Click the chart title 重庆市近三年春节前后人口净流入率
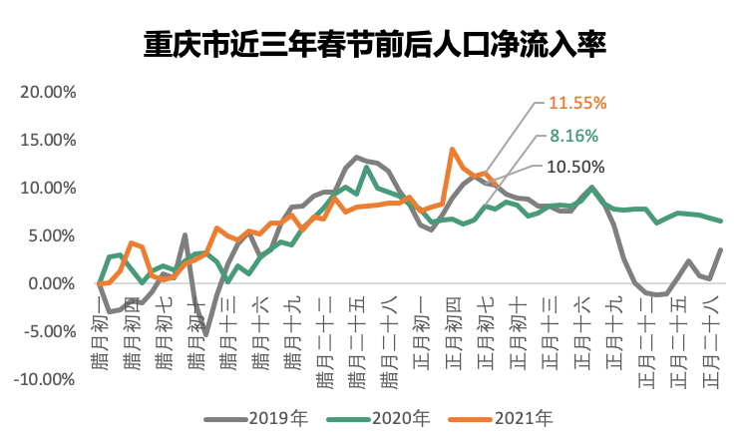[375, 46]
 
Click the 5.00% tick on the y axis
[52, 235]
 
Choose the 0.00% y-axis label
[52, 283]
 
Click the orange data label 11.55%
[577, 103]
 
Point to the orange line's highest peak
[453, 150]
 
